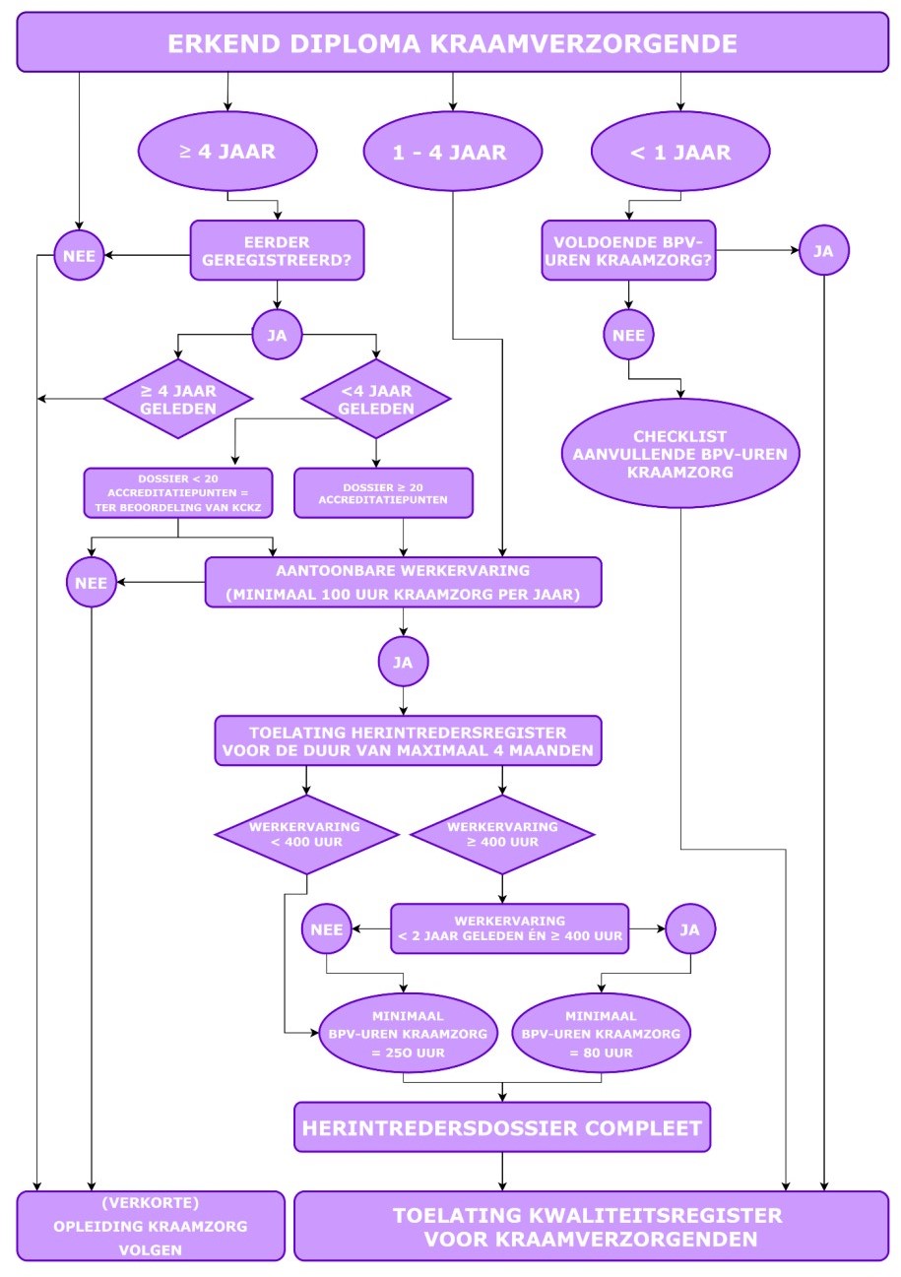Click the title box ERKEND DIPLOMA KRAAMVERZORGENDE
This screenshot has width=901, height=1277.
(x=452, y=42)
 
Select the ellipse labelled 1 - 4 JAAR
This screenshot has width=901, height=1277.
(x=452, y=152)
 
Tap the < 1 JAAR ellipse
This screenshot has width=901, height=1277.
(x=680, y=152)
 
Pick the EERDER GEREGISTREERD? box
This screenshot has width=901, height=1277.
(x=277, y=250)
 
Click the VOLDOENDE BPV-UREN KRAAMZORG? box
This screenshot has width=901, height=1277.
(x=628, y=250)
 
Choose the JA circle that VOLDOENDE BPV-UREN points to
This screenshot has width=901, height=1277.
(x=823, y=250)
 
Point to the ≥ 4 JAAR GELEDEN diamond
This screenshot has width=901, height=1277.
(x=178, y=399)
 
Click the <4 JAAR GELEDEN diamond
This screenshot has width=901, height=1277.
(x=376, y=399)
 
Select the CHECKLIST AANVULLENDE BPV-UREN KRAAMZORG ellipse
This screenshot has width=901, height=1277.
(x=680, y=453)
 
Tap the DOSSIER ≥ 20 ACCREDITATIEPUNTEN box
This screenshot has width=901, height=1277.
(x=383, y=493)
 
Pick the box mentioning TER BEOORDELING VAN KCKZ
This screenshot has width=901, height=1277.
(x=178, y=493)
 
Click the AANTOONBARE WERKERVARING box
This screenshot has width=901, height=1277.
(x=403, y=582)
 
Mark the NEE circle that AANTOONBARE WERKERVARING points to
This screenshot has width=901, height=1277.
(x=92, y=582)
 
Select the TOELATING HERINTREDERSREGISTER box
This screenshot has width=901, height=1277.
(x=408, y=740)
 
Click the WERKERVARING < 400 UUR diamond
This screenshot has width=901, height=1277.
(x=306, y=835)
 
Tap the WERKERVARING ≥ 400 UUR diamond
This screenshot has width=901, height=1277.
(x=502, y=835)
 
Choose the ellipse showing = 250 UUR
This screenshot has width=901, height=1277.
(x=408, y=1034)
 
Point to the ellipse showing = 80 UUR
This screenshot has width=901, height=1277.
(x=601, y=1034)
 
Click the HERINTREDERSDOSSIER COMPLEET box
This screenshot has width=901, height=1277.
(x=502, y=1127)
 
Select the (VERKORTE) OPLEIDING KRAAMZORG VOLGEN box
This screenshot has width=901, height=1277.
(x=151, y=1226)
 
